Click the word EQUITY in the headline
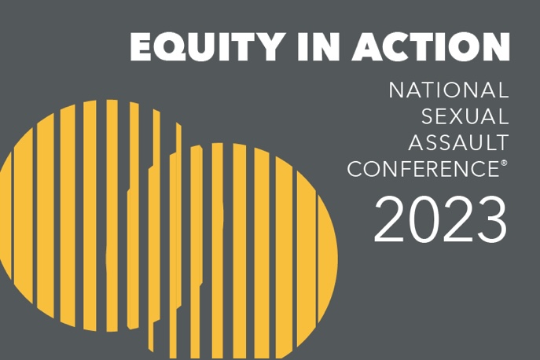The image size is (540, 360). (x=205, y=47)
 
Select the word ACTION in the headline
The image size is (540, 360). (x=431, y=47)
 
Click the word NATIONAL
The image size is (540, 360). (x=449, y=90)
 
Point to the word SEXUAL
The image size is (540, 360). (x=465, y=116)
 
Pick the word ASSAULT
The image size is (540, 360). (x=459, y=142)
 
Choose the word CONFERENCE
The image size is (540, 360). (x=423, y=169)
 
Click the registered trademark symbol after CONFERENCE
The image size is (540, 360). (x=504, y=163)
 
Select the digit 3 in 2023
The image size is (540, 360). (x=490, y=219)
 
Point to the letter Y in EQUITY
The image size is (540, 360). (x=266, y=47)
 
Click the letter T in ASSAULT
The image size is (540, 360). (x=501, y=142)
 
